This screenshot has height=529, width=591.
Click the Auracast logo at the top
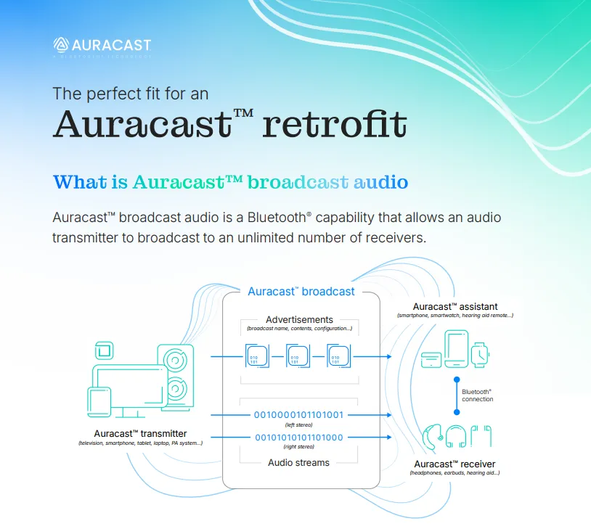[x=102, y=45]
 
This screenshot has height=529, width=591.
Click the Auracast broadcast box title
[x=301, y=291]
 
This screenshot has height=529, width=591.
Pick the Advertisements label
[x=299, y=319]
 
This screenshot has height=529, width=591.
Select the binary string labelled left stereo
[x=298, y=415]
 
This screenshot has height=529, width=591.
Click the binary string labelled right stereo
[x=298, y=438]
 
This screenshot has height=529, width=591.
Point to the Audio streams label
[x=298, y=462]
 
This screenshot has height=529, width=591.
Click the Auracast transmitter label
[x=140, y=433]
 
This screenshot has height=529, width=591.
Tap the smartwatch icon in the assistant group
[x=480, y=353]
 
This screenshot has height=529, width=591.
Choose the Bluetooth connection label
[x=477, y=395]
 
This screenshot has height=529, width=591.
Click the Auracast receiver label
[x=455, y=464]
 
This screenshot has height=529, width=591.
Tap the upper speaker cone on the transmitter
[x=174, y=359]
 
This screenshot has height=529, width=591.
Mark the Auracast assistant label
[x=455, y=306]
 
